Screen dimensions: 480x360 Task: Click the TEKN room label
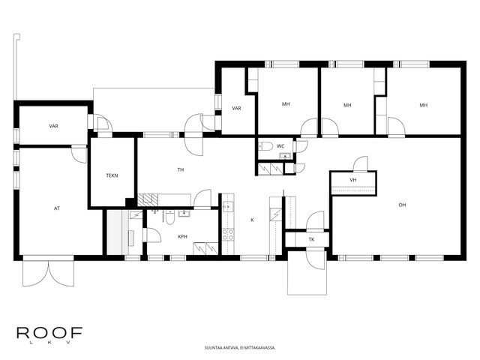[112, 175]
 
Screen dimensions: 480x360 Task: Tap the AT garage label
[57, 208]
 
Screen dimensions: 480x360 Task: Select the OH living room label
[402, 205]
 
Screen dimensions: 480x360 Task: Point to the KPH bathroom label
[182, 237]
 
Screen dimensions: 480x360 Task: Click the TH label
[181, 170]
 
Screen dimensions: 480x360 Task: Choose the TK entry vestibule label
[311, 239]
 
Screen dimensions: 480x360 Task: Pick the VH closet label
[353, 180]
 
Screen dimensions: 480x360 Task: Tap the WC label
[280, 146]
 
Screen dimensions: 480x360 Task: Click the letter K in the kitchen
[252, 220]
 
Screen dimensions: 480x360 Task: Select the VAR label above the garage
[53, 126]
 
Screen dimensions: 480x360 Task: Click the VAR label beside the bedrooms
[236, 108]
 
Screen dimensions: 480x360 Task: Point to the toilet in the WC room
[265, 146]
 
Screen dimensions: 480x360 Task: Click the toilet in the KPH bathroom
[169, 217]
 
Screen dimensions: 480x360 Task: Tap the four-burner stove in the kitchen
[228, 235]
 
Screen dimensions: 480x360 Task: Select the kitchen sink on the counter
[228, 207]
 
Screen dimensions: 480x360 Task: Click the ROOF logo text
[49, 333]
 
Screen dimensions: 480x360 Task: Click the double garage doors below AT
[48, 271]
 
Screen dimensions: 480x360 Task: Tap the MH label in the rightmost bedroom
[423, 105]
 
